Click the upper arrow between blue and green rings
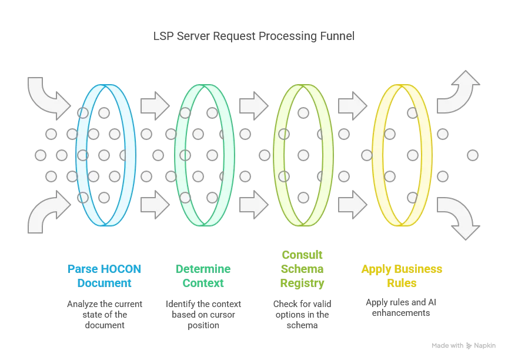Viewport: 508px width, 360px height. (x=155, y=106)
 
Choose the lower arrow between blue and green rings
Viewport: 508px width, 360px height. (x=155, y=205)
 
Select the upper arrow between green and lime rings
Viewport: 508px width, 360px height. (x=253, y=106)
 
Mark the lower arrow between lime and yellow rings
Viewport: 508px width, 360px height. (x=352, y=205)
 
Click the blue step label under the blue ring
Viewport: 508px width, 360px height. (x=103, y=275)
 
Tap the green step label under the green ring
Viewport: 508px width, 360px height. (x=202, y=275)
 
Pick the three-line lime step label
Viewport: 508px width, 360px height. (x=303, y=269)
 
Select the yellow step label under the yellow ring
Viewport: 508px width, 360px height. (x=401, y=275)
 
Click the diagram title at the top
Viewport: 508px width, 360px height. (x=254, y=36)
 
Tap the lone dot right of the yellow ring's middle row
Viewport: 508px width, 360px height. (x=473, y=155)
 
